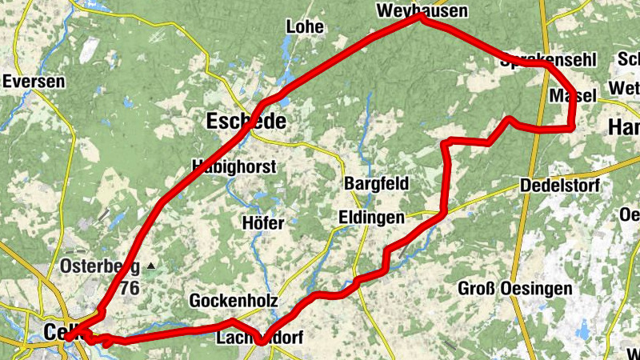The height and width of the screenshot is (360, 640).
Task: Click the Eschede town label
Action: click(246, 122)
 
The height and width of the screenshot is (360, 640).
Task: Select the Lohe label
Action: click(305, 26)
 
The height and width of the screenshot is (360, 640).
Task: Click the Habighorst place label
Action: click(234, 167)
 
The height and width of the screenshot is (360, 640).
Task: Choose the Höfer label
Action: click(262, 223)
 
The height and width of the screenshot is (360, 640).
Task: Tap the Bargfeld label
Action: click(376, 183)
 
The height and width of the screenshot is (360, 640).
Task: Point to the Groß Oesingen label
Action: click(515, 288)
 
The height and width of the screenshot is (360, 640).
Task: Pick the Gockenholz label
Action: click(234, 301)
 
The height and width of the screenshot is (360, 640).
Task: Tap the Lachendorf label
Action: click(259, 338)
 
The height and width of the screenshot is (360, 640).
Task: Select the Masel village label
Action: click(574, 96)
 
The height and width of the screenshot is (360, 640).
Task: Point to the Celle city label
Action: click(56, 331)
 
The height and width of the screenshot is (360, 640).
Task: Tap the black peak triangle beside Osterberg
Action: click(150, 265)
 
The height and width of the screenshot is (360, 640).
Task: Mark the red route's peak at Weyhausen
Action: click(422, 17)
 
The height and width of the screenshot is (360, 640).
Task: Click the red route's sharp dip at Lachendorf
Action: click(262, 342)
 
